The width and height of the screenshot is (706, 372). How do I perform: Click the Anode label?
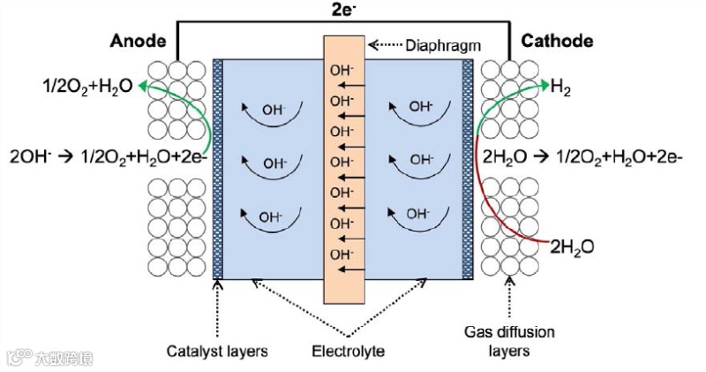[x=138, y=41]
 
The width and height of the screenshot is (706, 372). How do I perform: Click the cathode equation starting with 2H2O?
[x=583, y=156]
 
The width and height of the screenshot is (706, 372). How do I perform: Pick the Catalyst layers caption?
[x=217, y=351]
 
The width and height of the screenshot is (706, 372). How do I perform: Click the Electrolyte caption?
[x=348, y=351]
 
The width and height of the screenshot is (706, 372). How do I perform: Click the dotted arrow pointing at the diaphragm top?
[x=385, y=43]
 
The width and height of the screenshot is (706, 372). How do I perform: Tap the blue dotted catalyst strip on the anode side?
[x=218, y=168]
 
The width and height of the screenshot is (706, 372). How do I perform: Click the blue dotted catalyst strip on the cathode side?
[x=468, y=168]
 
